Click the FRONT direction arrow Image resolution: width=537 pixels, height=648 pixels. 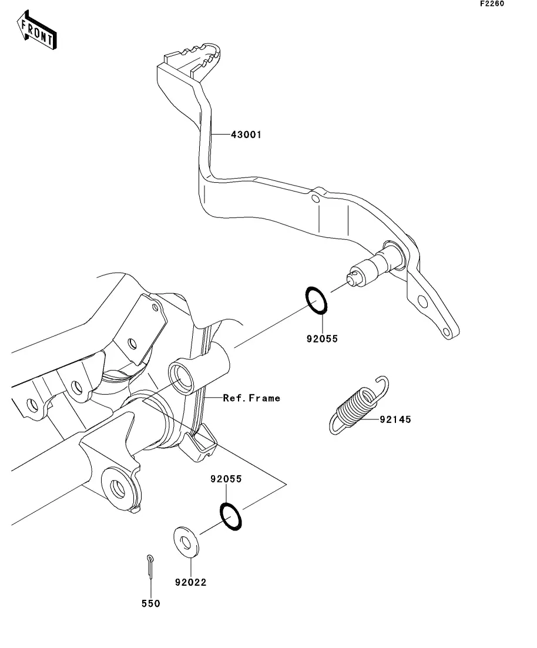pos(36,30)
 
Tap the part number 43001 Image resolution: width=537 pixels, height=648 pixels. pos(246,135)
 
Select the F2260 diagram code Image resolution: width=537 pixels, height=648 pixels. pos(492,4)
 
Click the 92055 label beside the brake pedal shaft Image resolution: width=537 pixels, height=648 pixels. pos(322,339)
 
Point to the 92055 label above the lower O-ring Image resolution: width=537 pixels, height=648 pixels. pos(226,479)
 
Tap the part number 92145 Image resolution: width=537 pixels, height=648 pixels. pos(395,419)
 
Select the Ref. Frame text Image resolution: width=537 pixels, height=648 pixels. pos(251,398)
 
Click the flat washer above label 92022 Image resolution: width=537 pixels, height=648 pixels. pos(186,542)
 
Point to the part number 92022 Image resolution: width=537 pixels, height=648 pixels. pos(190,582)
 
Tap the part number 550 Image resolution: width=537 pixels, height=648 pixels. pos(151,604)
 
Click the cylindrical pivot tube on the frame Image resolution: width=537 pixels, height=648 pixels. pos(199,370)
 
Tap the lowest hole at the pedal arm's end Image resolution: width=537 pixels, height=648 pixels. pos(447,331)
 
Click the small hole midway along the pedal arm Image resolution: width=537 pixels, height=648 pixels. pos(315,200)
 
